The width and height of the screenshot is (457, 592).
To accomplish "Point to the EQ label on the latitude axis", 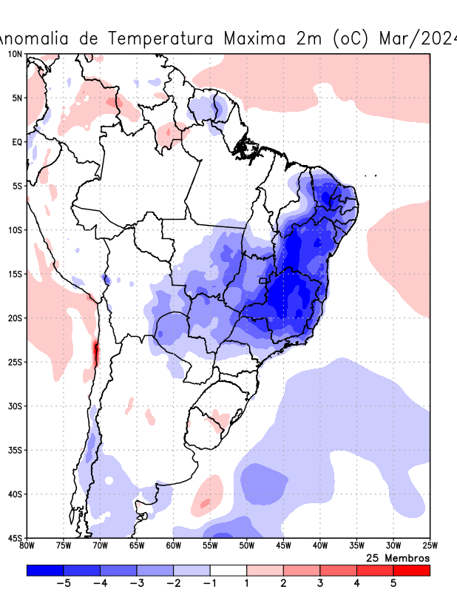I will (x=17, y=141).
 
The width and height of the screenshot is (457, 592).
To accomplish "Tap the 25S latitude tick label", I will (x=16, y=362).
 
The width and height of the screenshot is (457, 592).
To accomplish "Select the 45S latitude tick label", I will (x=16, y=538).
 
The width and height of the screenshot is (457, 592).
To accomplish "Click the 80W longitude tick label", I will (x=27, y=546).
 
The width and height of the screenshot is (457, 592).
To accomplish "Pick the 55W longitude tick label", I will (x=210, y=546).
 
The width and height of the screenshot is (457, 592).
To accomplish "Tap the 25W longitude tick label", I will (x=430, y=546).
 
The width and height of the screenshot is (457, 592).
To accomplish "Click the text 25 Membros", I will (x=398, y=558).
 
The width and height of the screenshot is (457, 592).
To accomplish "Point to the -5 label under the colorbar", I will (x=63, y=583).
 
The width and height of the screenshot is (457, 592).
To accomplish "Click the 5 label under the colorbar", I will (x=393, y=583).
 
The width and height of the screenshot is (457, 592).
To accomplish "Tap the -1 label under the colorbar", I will (x=209, y=583).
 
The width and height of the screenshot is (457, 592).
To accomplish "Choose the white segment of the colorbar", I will (x=228, y=571).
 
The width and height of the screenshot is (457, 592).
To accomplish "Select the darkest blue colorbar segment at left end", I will (x=44, y=571).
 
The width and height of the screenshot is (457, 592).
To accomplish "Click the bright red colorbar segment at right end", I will (x=411, y=571).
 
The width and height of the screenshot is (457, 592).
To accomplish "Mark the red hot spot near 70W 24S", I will (x=95, y=351).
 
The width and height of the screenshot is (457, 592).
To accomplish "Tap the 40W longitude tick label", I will (x=319, y=546).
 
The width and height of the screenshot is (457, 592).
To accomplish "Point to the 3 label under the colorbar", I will (x=320, y=583).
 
